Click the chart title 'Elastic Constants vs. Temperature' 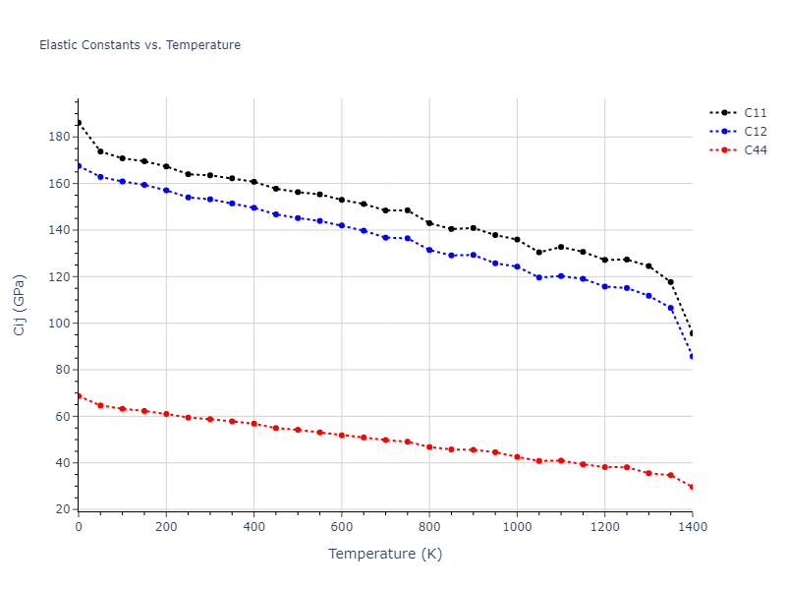(x=140, y=45)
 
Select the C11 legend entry (x=755, y=112)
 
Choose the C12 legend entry (x=755, y=131)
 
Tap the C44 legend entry (x=755, y=150)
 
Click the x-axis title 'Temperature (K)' (x=385, y=554)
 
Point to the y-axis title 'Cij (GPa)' (x=20, y=304)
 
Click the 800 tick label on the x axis (x=429, y=527)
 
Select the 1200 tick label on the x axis (x=604, y=527)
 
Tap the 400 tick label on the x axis (x=253, y=527)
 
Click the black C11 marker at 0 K (x=79, y=123)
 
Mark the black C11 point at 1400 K (x=692, y=333)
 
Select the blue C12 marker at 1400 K (x=692, y=356)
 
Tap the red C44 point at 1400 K (x=692, y=487)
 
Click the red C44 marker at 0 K (x=79, y=395)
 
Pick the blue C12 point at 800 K (x=429, y=250)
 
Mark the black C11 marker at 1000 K (x=517, y=240)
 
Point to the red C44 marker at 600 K (x=342, y=435)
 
